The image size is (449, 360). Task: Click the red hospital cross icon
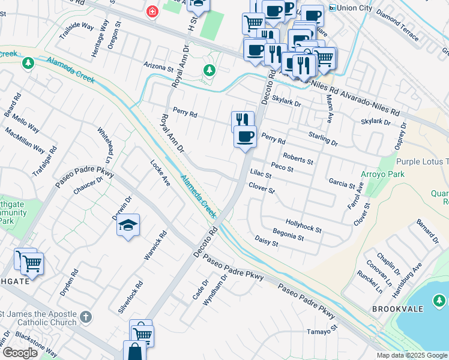(152, 11)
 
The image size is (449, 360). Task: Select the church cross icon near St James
(86, 316)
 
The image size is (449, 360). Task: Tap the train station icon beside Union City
(333, 8)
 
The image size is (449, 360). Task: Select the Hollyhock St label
(304, 226)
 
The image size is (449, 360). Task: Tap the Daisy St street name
(267, 241)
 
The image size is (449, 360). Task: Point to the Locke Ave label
(160, 172)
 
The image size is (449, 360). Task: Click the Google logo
(20, 353)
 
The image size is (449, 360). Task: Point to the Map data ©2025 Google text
(411, 355)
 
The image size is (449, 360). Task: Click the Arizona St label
(158, 64)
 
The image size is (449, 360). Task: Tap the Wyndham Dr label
(215, 290)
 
